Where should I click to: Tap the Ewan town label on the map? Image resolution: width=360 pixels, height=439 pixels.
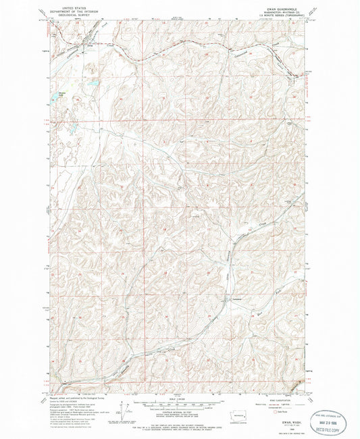(x=84, y=47)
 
